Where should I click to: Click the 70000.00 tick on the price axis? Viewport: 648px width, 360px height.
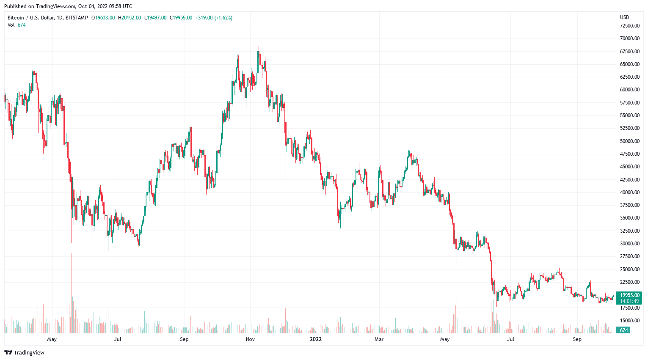coord(629,38)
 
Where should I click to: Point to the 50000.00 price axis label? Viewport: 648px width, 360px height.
coord(629,141)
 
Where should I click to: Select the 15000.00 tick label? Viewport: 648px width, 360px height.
coord(629,321)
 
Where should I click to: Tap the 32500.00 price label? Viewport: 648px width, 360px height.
coord(629,231)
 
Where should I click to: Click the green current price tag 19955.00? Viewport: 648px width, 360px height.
coord(629,295)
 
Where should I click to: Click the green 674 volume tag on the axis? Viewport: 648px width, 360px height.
coord(623,330)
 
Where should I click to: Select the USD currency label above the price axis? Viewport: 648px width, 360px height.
coord(624,17)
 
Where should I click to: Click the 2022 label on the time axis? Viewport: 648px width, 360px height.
coord(316,339)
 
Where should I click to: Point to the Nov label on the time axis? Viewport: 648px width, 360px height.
coord(250,339)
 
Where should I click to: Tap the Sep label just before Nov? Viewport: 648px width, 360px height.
coord(184,339)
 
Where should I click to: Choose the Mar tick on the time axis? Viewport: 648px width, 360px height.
coord(379,339)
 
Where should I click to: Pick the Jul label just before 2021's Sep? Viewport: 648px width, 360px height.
coord(118,339)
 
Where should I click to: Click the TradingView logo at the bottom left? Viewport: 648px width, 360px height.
coord(25,352)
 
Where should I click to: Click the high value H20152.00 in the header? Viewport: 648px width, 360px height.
coord(129,18)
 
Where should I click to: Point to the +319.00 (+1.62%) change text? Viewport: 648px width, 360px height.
coord(214,18)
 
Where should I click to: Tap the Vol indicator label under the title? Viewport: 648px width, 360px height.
coord(11,25)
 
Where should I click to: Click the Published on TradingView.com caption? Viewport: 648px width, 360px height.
coord(68,6)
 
